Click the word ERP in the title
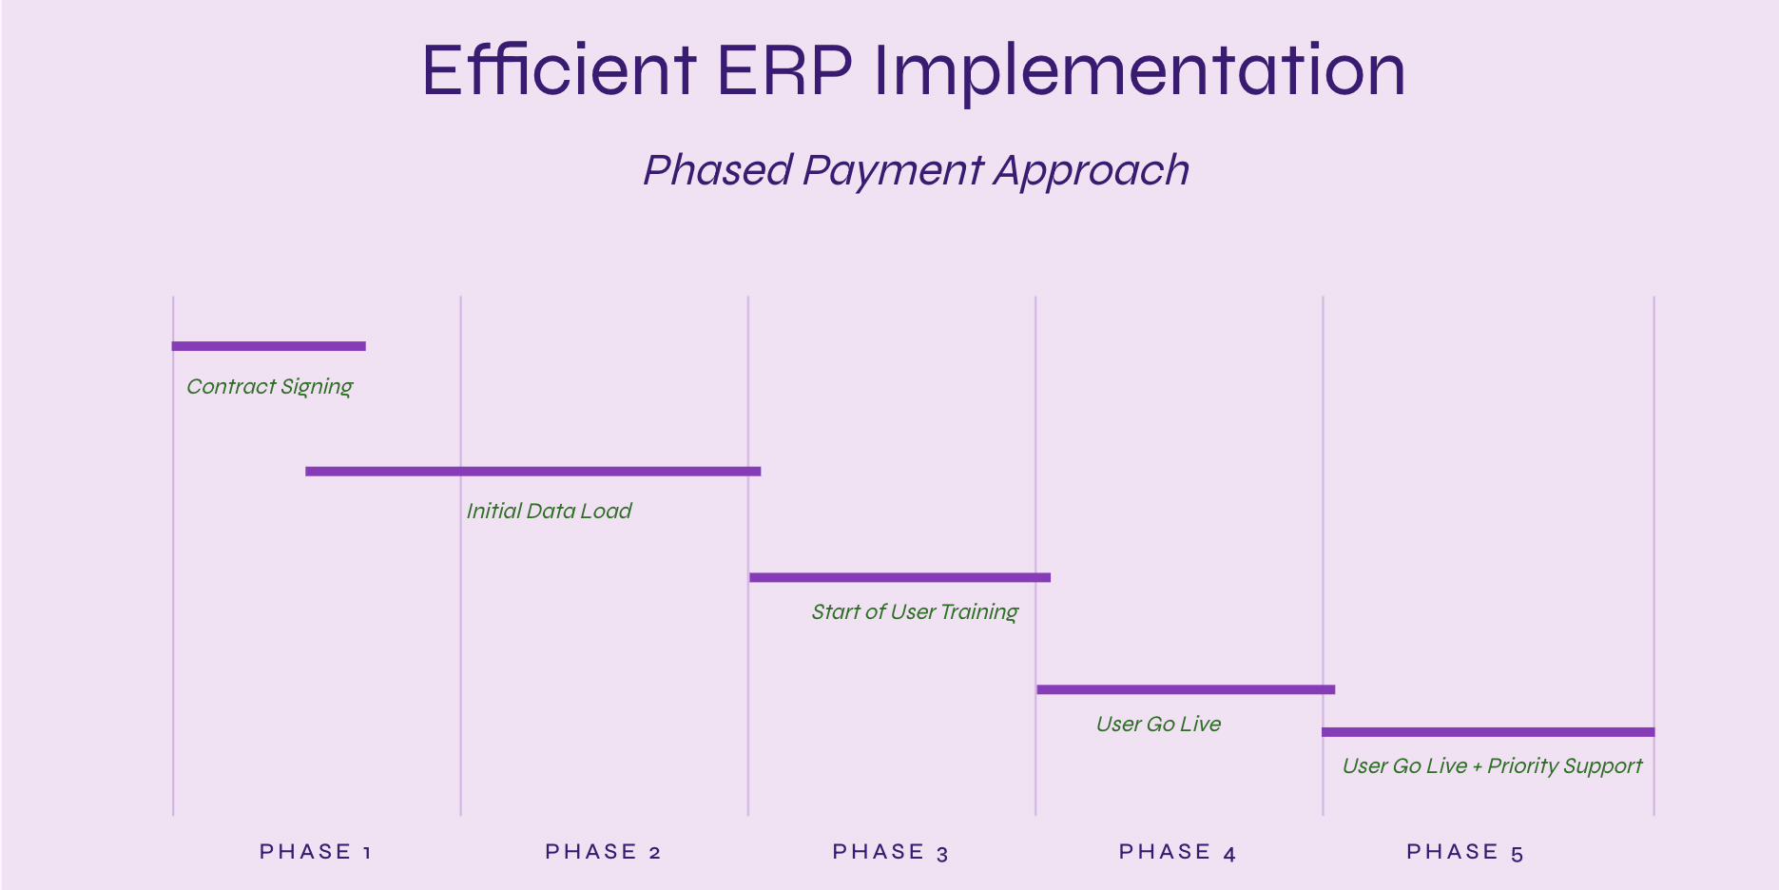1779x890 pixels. [784, 70]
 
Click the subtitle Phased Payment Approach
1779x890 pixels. [917, 171]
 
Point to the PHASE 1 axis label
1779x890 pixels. [316, 852]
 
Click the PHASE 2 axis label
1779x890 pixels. [603, 852]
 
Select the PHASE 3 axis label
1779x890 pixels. [891, 852]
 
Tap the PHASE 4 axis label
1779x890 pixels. [1177, 852]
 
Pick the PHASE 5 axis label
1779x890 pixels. [1465, 852]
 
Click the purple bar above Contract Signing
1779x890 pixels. [268, 346]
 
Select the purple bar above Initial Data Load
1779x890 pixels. [532, 471]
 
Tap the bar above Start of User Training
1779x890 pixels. [899, 577]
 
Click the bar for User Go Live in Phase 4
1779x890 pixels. [1186, 689]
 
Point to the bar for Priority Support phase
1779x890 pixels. [1488, 732]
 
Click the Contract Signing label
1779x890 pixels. [270, 387]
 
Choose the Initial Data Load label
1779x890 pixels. [549, 511]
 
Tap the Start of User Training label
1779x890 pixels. [915, 612]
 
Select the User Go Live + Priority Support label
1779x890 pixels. [1492, 766]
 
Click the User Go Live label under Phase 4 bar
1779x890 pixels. [1158, 724]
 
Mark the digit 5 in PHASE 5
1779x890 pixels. [1518, 854]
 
